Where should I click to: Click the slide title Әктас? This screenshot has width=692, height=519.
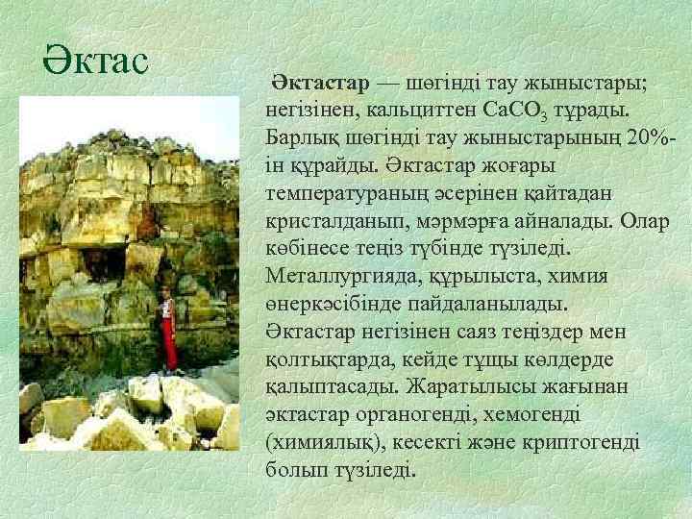coord(95,60)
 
